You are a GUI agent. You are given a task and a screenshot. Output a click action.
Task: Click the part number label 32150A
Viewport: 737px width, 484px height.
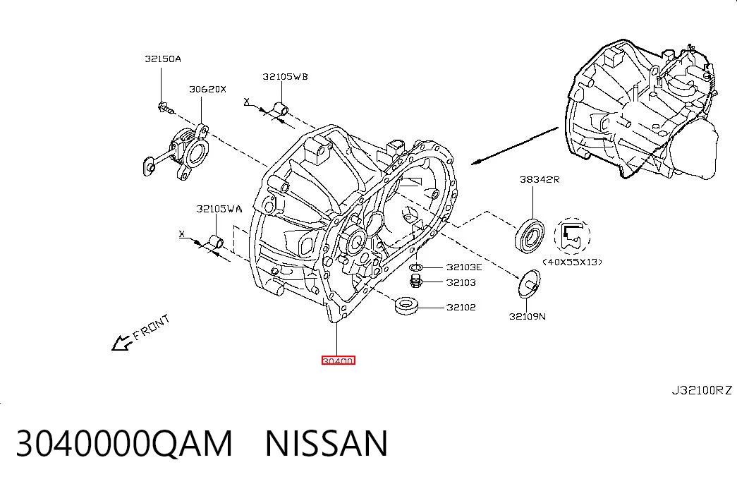163,59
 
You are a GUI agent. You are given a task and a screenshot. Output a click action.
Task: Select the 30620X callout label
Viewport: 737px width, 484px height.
208,89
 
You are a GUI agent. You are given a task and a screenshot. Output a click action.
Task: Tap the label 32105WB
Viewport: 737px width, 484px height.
286,76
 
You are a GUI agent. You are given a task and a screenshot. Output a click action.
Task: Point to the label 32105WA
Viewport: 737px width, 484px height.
219,208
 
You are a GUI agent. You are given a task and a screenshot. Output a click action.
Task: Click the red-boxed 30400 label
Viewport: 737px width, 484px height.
338,361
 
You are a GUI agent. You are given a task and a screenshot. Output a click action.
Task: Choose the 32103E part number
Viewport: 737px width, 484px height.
464,267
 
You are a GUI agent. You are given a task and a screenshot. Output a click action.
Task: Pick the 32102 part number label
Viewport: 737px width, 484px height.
461,307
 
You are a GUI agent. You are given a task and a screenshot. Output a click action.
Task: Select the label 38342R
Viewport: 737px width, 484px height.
540,179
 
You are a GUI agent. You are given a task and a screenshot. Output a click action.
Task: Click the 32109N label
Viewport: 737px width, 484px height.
528,317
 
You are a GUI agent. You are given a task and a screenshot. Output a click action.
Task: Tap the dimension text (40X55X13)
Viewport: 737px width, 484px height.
573,262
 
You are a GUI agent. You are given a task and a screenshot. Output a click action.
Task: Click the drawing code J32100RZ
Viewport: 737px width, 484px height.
702,390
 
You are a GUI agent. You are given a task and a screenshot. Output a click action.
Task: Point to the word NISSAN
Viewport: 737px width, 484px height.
327,443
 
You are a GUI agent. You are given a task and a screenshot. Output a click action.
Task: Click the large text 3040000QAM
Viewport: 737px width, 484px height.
125,443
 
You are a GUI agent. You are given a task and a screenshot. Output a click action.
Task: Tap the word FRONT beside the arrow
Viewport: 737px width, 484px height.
151,327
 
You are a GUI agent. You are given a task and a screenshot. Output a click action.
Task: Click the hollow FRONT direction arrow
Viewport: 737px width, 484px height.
122,342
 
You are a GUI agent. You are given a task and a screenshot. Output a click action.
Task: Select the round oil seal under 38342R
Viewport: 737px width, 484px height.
530,235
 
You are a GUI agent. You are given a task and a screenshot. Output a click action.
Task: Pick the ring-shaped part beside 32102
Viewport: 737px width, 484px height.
407,305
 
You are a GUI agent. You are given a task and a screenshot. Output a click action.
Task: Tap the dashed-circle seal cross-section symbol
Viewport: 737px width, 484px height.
572,236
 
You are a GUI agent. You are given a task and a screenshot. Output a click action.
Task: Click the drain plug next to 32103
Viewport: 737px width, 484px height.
415,282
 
